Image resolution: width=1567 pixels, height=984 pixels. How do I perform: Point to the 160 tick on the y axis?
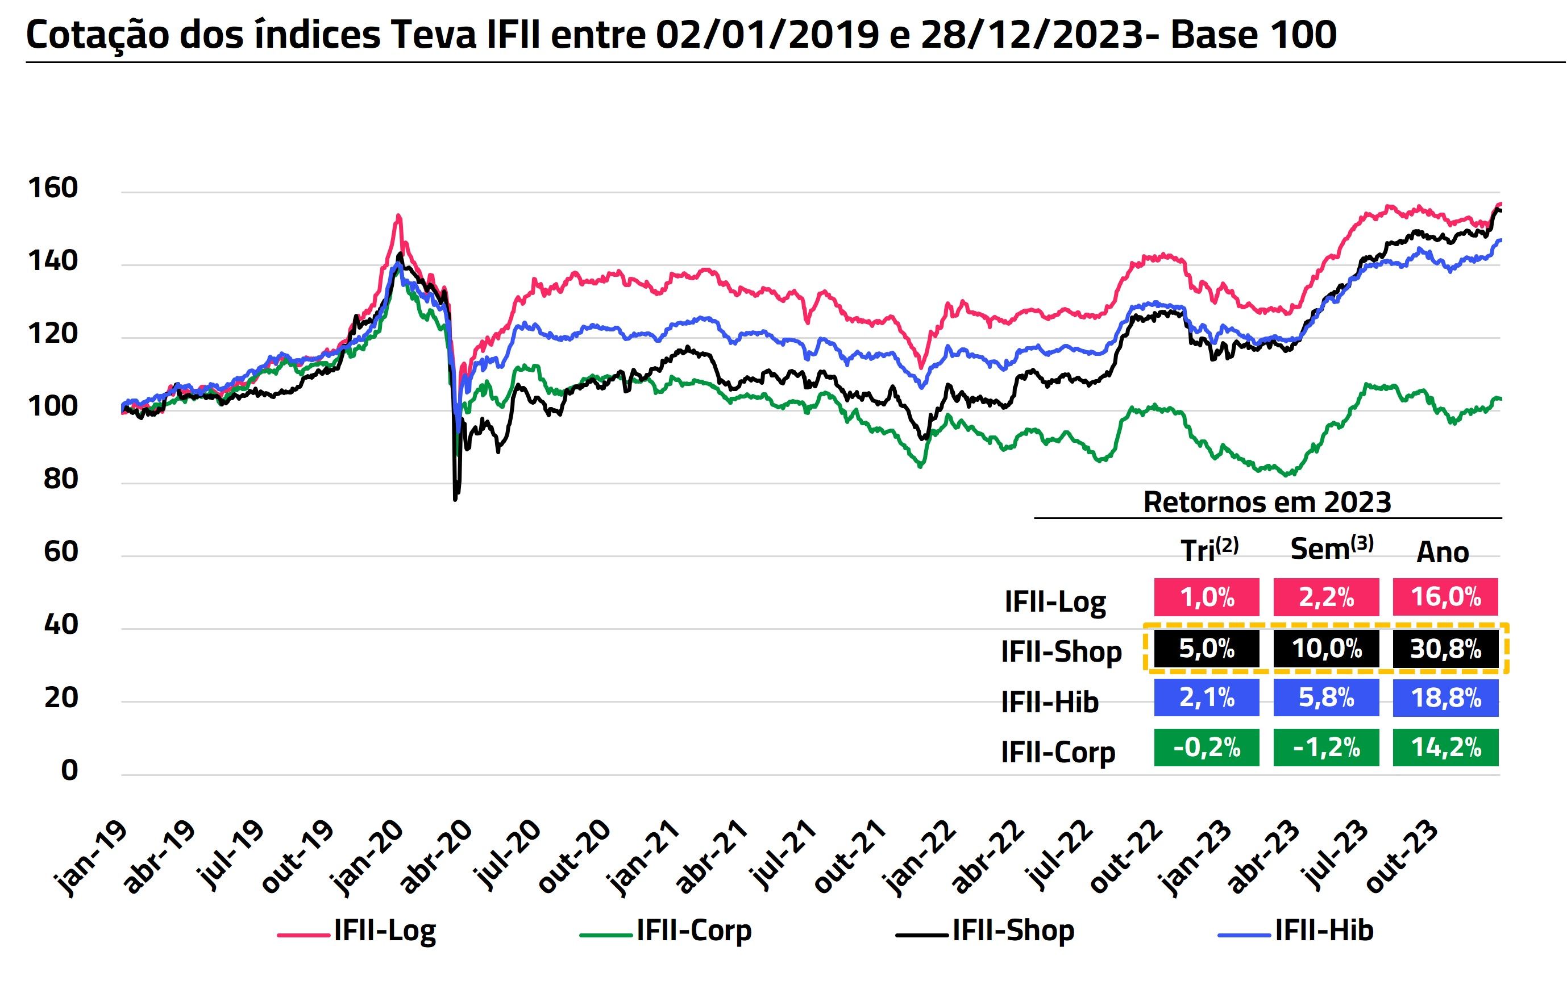(53, 188)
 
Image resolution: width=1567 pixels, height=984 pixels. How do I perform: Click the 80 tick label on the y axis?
(60, 480)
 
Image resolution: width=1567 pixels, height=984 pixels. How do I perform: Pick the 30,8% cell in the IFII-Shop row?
(1445, 649)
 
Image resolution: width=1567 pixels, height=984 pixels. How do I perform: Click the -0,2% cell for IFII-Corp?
(1207, 748)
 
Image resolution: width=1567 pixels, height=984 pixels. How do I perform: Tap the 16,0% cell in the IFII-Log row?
(1445, 597)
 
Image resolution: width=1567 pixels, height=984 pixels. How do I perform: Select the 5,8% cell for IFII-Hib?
(1326, 698)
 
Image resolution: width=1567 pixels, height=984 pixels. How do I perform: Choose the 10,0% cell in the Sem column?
(1326, 649)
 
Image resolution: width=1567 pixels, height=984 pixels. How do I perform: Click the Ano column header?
(1443, 553)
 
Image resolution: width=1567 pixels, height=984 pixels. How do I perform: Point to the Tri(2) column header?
(1209, 550)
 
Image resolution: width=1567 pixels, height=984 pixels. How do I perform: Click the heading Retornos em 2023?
(1267, 503)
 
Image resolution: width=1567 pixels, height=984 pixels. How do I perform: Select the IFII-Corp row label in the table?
(1058, 752)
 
